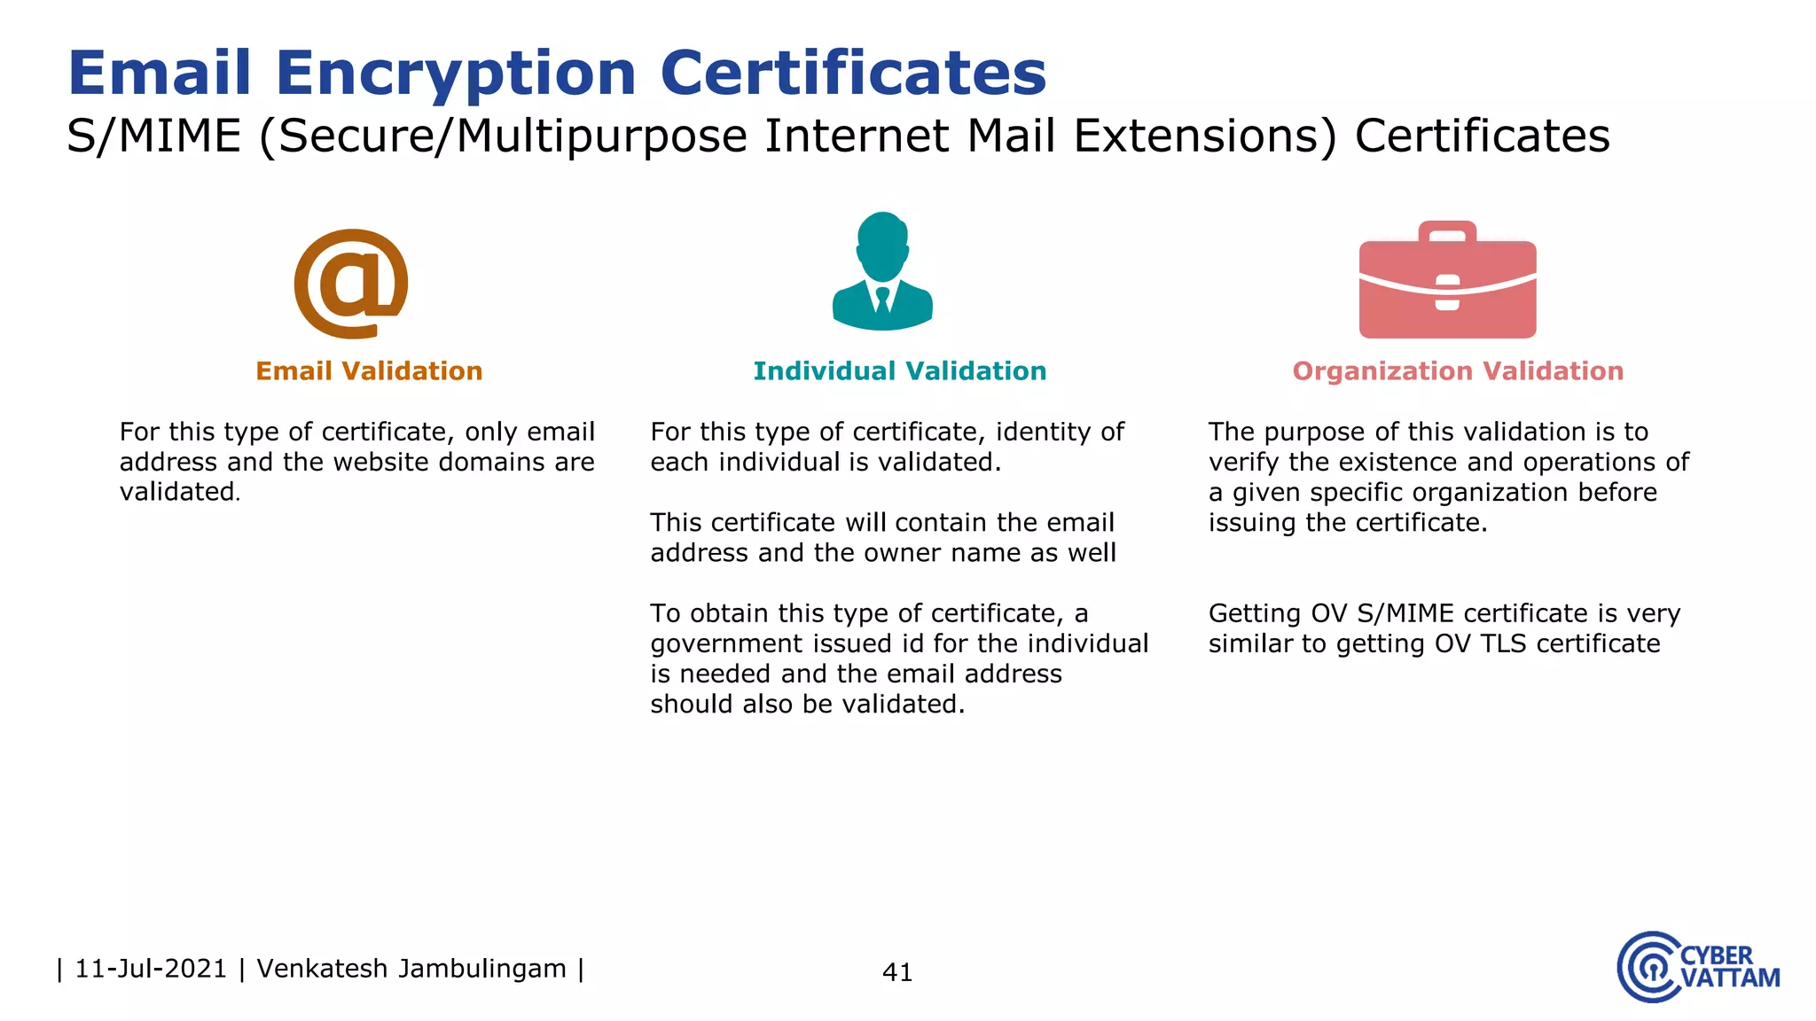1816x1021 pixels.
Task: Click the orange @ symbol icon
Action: [351, 284]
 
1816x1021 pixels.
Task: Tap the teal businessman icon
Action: [882, 271]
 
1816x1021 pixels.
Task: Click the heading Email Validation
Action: [369, 370]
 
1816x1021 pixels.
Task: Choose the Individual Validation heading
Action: [899, 370]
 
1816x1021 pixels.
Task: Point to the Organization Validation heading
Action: [1458, 370]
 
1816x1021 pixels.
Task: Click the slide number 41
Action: [897, 972]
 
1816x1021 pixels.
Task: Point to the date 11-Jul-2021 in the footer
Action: [151, 969]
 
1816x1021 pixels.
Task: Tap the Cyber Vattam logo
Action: [1697, 967]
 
